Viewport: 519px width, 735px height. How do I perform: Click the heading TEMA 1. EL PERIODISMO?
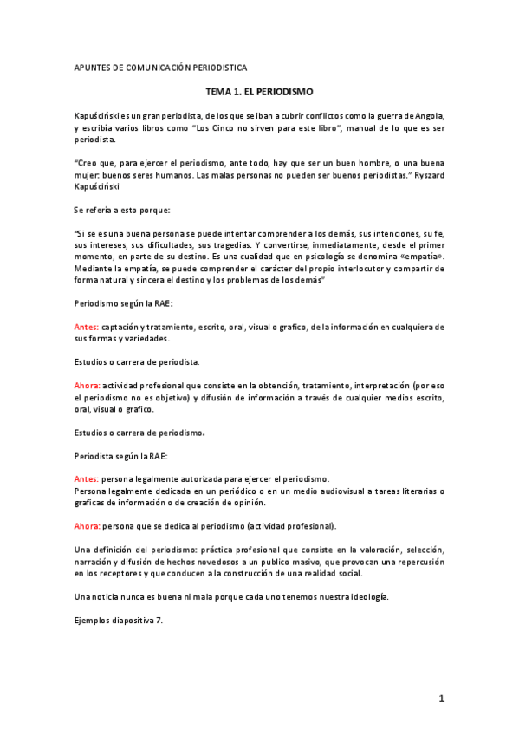[x=259, y=91]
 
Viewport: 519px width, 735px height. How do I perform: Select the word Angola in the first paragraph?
[x=426, y=116]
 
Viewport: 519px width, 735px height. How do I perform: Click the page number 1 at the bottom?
[x=441, y=698]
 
